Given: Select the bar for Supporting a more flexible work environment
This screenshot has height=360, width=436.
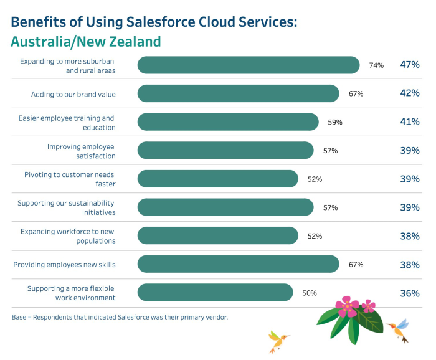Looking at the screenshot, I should pyautogui.click(x=215, y=293).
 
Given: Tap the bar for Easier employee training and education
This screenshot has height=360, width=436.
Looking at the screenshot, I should pyautogui.click(x=227, y=122).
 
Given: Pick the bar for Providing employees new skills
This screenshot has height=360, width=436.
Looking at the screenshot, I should pyautogui.click(x=238, y=264).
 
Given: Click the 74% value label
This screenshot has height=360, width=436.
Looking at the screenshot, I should pyautogui.click(x=376, y=65).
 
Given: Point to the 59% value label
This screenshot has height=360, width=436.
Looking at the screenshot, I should pyautogui.click(x=335, y=123).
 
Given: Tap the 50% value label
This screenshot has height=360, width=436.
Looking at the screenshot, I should pyautogui.click(x=310, y=293).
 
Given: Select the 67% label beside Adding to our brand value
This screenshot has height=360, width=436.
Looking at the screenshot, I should pyautogui.click(x=356, y=94).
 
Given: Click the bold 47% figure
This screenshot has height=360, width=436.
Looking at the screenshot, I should pyautogui.click(x=410, y=65).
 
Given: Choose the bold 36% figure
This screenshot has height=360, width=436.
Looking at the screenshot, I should pyautogui.click(x=410, y=293).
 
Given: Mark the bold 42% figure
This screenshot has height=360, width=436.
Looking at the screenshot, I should pyautogui.click(x=410, y=93).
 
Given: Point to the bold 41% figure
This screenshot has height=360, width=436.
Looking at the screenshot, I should pyautogui.click(x=410, y=122).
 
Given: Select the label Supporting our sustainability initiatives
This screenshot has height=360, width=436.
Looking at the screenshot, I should pyautogui.click(x=66, y=207).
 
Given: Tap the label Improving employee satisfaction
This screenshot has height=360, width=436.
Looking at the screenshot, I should pyautogui.click(x=81, y=151).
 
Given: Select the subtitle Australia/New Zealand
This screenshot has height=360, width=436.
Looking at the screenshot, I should pyautogui.click(x=86, y=42).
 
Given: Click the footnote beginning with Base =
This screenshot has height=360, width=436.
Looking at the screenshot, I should pyautogui.click(x=120, y=317).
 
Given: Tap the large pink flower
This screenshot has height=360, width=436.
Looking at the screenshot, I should pyautogui.click(x=346, y=307).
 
